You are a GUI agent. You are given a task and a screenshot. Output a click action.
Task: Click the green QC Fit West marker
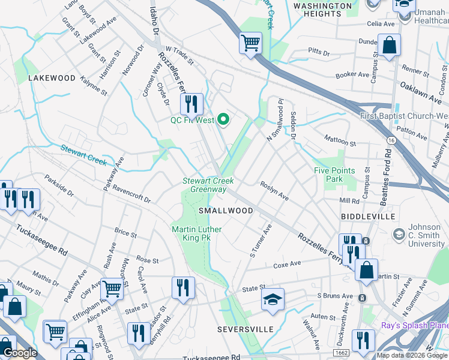224,120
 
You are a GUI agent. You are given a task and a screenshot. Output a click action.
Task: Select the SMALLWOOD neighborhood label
226,211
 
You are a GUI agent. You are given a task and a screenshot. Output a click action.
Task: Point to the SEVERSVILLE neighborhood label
245,329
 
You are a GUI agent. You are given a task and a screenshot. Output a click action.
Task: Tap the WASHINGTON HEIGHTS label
322,10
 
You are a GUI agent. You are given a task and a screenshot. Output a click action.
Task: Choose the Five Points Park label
334,175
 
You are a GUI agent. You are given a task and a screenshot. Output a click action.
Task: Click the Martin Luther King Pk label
196,233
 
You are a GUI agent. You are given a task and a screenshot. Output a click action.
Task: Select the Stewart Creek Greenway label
208,185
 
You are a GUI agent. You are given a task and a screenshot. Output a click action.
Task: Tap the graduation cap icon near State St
273,299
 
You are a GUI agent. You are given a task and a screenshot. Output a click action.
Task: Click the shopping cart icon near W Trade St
250,43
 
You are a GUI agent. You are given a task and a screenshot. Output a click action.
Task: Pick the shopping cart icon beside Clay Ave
112,289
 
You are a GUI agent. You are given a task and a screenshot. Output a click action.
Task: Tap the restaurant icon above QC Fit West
191,104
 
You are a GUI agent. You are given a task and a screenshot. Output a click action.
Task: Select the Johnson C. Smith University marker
398,233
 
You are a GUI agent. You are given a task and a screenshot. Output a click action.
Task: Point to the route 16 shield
391,140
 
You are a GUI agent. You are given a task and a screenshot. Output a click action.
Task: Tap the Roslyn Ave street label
274,191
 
